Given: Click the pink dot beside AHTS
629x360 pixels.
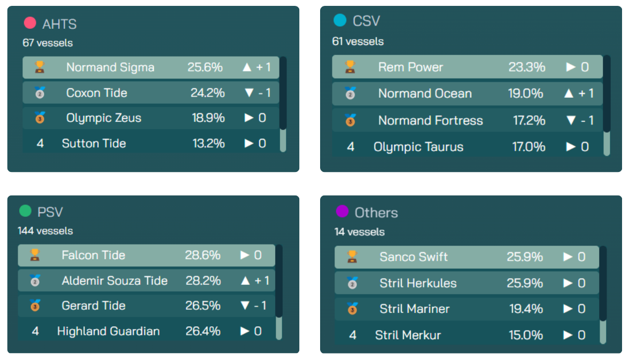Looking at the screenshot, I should point(30,23).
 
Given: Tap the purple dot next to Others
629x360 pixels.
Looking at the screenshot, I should point(342,212).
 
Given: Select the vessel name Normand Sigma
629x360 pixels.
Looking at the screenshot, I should point(110,67).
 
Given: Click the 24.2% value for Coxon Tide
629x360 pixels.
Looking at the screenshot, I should point(208,93).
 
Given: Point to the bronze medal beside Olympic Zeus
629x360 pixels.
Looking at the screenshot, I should point(40,118).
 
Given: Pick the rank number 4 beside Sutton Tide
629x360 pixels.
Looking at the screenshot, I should point(40,143).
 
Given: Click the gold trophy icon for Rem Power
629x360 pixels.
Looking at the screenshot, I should point(350,67).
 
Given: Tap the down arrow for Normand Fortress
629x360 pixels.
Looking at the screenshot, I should point(570,121).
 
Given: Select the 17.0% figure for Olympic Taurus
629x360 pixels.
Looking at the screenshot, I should point(529,147).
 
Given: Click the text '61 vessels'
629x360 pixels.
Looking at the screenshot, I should point(358,42).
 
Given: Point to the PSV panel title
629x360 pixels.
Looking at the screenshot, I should point(50,212).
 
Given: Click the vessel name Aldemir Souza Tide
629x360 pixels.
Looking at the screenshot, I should point(114,280).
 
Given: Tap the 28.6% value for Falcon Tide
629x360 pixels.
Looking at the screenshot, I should point(203,255).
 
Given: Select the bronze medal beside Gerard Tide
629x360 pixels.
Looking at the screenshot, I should point(35,306).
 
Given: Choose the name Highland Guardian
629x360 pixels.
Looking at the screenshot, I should point(108,331).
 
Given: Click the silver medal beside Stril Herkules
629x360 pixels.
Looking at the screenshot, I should point(352,283).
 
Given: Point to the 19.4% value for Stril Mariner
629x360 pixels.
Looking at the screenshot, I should point(525,309).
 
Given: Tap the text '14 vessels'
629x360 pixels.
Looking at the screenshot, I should point(360,232).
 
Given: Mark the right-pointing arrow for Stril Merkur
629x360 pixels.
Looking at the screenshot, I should point(568,335).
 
